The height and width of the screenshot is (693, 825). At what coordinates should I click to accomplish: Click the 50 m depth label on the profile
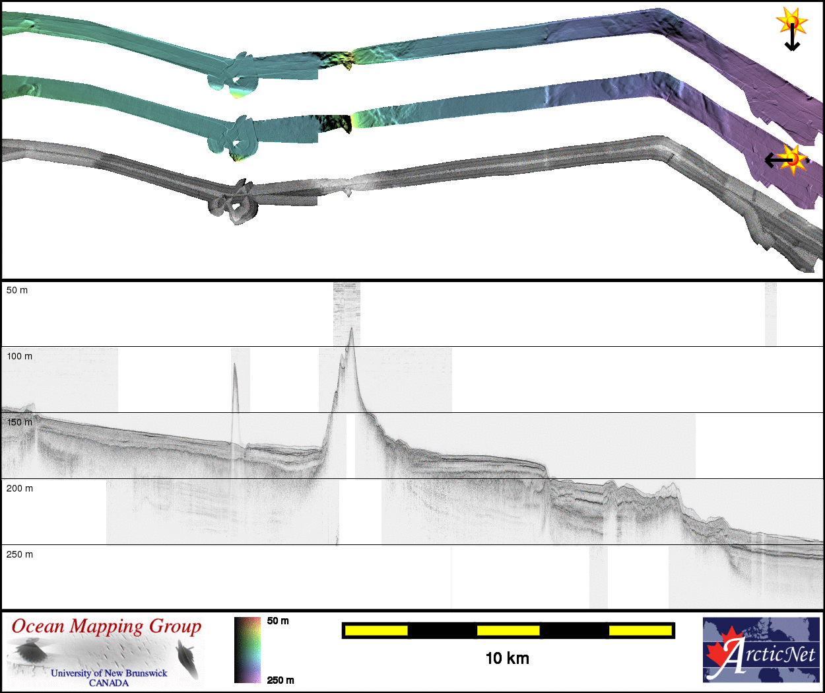click(x=17, y=290)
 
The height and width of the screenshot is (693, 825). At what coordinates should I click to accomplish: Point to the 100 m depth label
click(x=19, y=356)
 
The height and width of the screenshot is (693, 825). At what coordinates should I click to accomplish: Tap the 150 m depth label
click(x=19, y=422)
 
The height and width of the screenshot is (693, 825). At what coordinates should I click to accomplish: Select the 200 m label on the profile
click(x=19, y=488)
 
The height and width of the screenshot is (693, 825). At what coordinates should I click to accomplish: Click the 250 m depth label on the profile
click(x=19, y=554)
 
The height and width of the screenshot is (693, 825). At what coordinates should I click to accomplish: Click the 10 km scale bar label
click(x=508, y=659)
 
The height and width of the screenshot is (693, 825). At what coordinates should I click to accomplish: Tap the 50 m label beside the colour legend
click(x=278, y=621)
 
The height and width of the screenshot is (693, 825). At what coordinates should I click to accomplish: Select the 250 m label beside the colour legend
click(x=280, y=680)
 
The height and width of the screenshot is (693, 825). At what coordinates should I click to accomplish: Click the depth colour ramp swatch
click(x=247, y=650)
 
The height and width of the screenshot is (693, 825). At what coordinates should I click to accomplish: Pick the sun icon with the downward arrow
click(x=792, y=28)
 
